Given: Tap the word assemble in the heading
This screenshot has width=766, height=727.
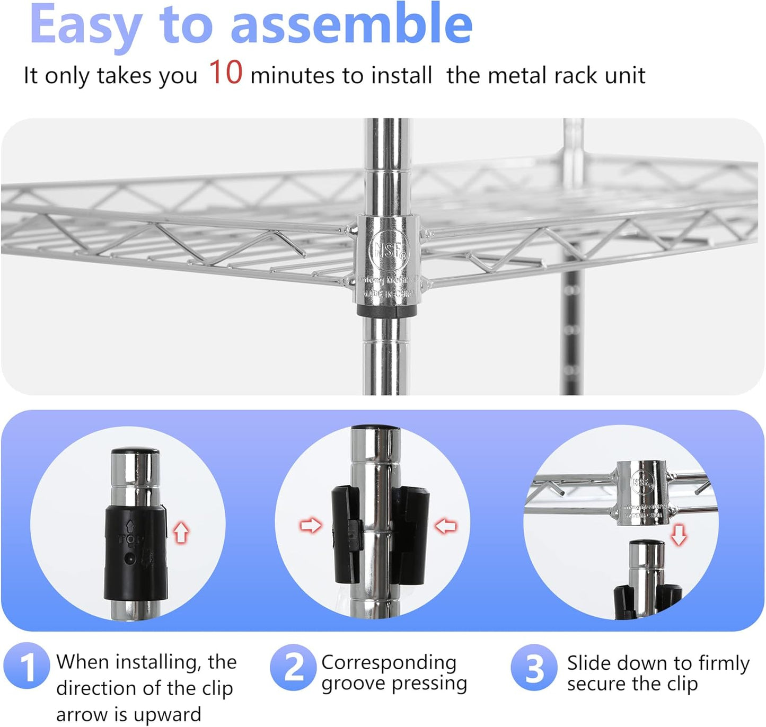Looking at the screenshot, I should pos(351,25).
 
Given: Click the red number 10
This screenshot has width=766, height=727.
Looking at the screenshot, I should pos(225,73).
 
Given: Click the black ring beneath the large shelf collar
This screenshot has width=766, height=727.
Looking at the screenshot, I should pos(387,311).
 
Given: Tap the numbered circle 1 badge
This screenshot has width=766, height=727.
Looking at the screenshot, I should pos(27,666).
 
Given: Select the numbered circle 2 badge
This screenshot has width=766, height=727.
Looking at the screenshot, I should pos(293,667).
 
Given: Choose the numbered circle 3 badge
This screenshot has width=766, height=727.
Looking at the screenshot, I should pos(534,668).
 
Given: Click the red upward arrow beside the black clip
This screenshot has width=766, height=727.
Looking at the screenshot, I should pos(181,532).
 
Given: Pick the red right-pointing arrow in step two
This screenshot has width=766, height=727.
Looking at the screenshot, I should pos(311,526).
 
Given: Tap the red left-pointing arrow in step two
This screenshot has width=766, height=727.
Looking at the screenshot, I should pos(446,526).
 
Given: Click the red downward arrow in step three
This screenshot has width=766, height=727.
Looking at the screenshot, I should pos(679,535).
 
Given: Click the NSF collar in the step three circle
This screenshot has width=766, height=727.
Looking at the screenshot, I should pos(642,493).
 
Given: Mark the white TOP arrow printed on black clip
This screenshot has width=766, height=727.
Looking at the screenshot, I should pos(130,526).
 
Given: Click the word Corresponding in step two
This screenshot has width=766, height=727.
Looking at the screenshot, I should pos(389,662).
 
